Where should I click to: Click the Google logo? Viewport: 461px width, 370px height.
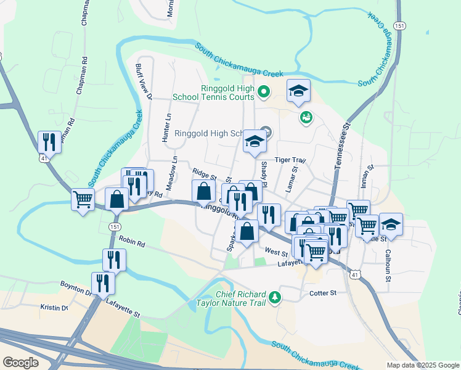coord(20,363)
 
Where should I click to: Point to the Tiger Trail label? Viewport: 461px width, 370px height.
coord(290,160)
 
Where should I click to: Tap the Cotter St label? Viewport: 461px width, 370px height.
coord(323,293)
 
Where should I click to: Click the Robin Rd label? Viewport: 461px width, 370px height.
coord(131,243)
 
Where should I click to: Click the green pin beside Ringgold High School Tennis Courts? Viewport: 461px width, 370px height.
coord(264,92)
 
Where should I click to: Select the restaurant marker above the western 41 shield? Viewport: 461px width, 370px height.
coord(48,142)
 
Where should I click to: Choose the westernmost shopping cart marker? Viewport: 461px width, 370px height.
coord(83,199)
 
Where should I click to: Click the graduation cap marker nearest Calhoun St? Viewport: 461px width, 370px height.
coord(391,224)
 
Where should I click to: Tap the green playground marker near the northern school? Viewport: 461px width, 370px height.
coord(305,116)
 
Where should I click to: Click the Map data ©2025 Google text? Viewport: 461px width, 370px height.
coord(422,365)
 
